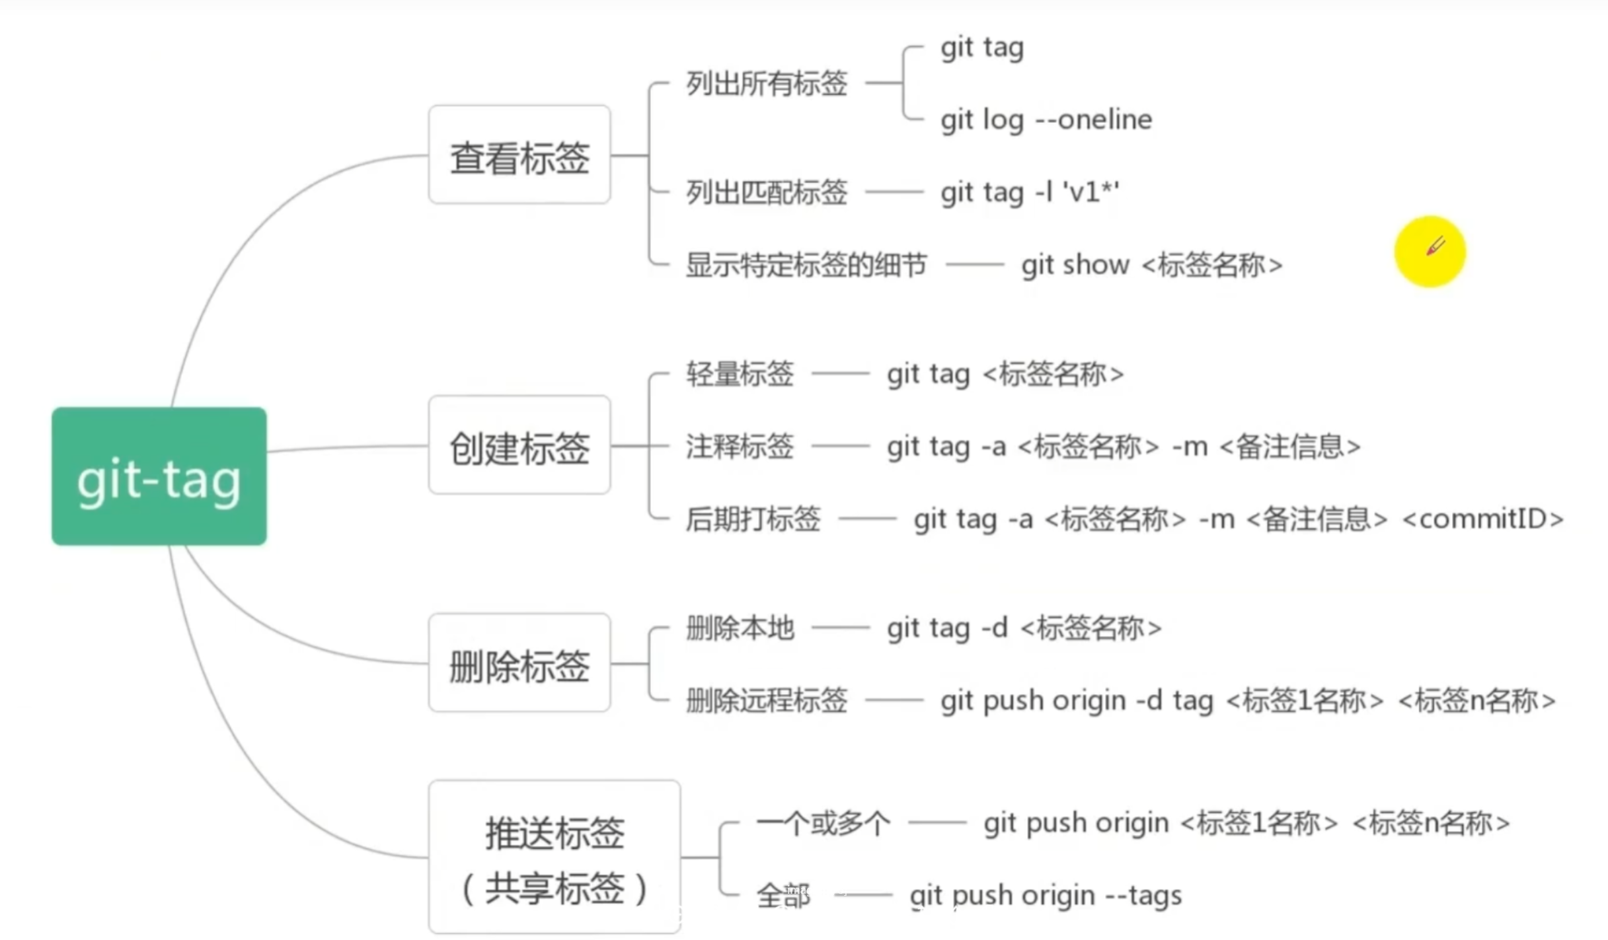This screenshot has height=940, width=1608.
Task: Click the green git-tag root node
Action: [159, 476]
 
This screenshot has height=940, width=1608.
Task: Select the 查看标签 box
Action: [519, 155]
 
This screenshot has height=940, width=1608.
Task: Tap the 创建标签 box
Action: [519, 446]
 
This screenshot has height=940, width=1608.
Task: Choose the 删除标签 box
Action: [519, 663]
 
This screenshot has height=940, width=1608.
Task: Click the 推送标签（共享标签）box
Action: [554, 857]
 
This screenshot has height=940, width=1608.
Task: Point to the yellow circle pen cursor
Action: [1430, 251]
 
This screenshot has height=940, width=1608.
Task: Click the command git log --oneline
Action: [1046, 120]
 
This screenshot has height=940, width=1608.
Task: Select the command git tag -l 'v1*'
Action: [1030, 192]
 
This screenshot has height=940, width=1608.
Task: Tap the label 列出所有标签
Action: [767, 84]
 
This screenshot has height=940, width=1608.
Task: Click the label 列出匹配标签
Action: [767, 192]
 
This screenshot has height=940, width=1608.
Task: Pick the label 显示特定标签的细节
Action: [806, 265]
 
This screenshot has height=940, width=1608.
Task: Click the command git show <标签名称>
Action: [1151, 265]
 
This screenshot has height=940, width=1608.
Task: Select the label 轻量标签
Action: [740, 374]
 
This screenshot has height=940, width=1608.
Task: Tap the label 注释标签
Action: [740, 447]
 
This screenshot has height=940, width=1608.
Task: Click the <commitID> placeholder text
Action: [1483, 519]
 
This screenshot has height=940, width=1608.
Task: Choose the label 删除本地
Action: [740, 628]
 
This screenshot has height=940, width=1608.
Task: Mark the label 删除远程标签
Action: [767, 700]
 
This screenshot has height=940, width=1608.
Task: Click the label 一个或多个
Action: [823, 824]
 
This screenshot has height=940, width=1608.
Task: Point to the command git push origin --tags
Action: [1046, 896]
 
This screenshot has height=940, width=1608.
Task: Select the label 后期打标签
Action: [753, 519]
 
